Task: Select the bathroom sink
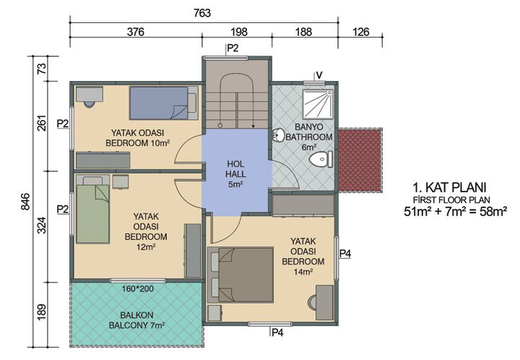[279, 134]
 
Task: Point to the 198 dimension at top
[239, 32]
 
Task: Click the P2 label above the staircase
[233, 48]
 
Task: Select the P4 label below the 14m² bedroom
[277, 333]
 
